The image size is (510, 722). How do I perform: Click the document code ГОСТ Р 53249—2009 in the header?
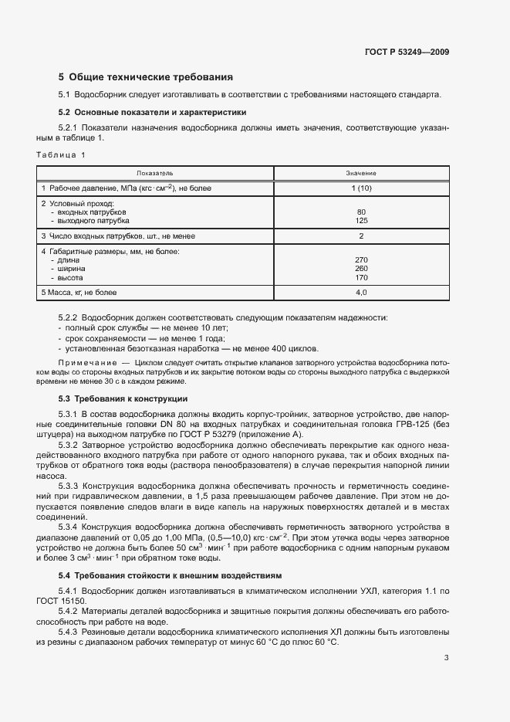407,53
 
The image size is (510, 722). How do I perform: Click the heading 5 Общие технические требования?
146,77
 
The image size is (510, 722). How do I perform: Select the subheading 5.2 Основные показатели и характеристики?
153,112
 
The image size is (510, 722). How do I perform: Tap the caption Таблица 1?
62,154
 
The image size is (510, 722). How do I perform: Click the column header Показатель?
155,173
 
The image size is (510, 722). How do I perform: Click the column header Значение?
361,173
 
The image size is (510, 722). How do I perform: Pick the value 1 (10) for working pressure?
361,188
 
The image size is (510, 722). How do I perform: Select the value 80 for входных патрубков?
361,212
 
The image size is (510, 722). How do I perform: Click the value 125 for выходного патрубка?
361,220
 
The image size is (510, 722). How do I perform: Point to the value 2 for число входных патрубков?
361,236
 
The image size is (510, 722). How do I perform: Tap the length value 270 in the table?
361,259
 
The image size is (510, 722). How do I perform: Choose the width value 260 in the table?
361,268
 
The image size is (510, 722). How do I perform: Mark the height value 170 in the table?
361,277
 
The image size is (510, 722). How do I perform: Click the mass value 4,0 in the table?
361,292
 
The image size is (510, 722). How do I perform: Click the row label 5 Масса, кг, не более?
79,292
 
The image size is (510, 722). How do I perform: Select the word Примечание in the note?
85,361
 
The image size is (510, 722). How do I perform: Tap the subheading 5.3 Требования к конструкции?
123,398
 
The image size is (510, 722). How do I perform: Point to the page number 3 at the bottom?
446,658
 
